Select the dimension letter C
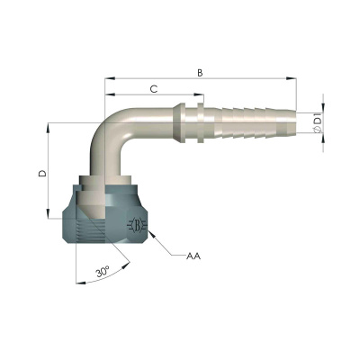point(154,88)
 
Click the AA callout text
point(193,256)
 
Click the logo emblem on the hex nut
point(134,226)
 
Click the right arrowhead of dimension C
point(203,96)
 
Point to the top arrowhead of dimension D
point(47,127)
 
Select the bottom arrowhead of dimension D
point(47,216)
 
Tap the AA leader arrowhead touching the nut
point(153,235)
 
